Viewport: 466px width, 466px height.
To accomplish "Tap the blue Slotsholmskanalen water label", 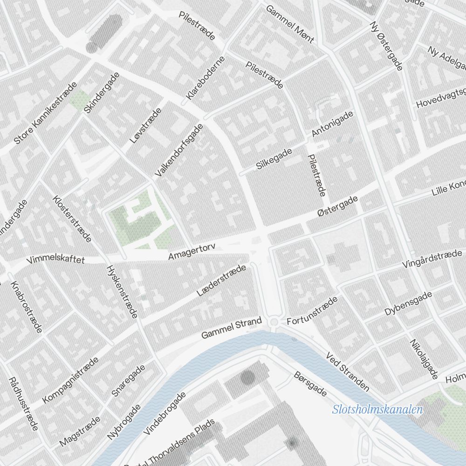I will point(377,410).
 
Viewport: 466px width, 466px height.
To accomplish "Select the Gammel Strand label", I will point(232,329).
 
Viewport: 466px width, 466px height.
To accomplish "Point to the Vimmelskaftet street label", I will point(56,260).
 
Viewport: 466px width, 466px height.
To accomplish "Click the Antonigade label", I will point(332,124).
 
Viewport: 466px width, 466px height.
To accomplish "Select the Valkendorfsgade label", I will point(179,150).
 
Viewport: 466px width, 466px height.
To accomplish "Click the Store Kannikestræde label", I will point(45,114).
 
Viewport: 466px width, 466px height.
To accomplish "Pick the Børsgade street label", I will point(310,384).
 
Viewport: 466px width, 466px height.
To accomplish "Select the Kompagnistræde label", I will point(70,380).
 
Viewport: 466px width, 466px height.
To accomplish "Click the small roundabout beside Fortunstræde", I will point(274,322).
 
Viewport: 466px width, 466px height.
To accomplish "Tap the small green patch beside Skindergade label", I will point(80,99).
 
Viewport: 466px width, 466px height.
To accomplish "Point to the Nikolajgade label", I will point(424,358).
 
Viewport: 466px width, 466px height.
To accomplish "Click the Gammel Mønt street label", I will point(289,25).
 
